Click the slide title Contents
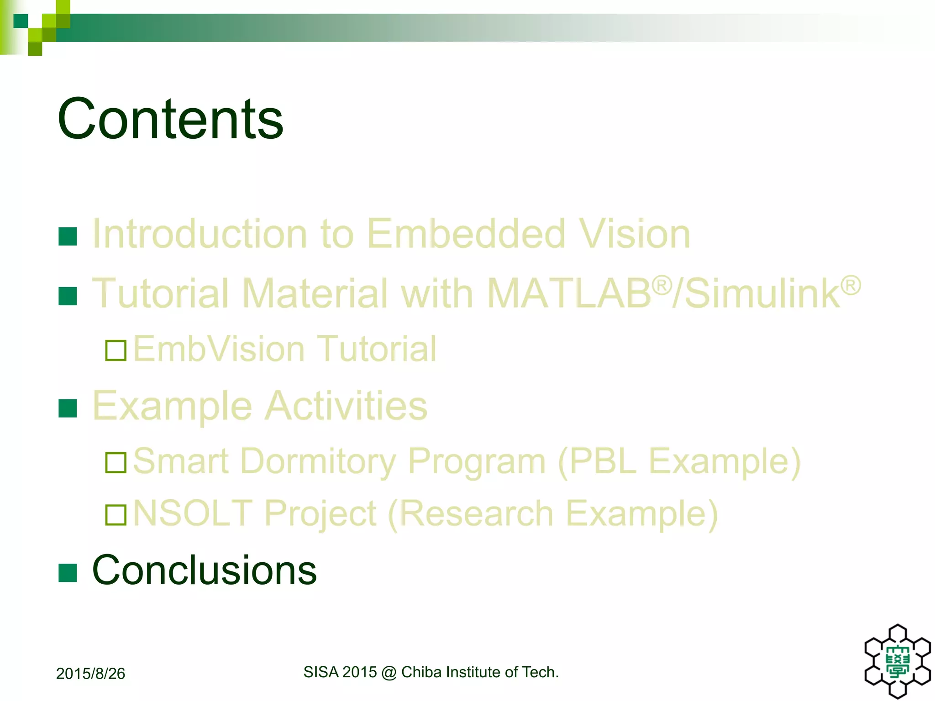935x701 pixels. [170, 119]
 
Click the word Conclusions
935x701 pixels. [204, 570]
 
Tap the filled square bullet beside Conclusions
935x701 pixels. [68, 573]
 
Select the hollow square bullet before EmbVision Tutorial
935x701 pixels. [116, 350]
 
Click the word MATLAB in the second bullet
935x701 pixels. [569, 293]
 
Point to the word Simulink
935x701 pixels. [762, 293]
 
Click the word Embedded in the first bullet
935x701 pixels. [466, 234]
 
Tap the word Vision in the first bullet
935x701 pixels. [634, 234]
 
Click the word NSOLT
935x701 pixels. [193, 513]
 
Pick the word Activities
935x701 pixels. [346, 406]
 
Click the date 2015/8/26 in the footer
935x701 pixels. [90, 674]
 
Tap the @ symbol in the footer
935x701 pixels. [389, 672]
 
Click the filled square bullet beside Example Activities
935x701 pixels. [68, 408]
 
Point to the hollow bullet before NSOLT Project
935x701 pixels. [116, 515]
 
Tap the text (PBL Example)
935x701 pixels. [679, 461]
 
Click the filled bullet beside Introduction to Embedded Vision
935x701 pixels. [68, 236]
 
